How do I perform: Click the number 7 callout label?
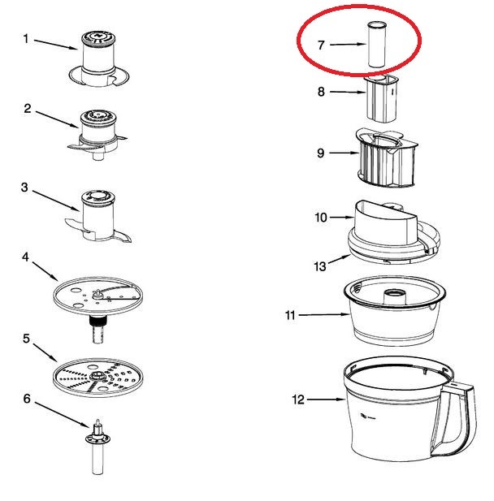tap(321, 45)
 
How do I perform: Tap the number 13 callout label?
tap(320, 266)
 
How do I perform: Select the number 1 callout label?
tap(25, 39)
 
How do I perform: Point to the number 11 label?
tap(290, 315)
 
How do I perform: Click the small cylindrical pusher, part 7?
tap(377, 45)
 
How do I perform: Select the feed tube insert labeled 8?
tap(381, 98)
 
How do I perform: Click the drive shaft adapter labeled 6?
tap(97, 447)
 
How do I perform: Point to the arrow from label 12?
tap(326, 400)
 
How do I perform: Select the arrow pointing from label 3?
tap(55, 201)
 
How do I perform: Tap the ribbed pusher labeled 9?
tap(386, 158)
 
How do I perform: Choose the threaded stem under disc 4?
tap(97, 329)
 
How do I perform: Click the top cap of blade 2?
tap(98, 117)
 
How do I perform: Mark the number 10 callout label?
tap(321, 218)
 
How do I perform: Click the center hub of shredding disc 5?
tap(97, 375)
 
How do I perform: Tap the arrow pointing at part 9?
tap(344, 153)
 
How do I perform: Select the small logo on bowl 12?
tap(367, 416)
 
